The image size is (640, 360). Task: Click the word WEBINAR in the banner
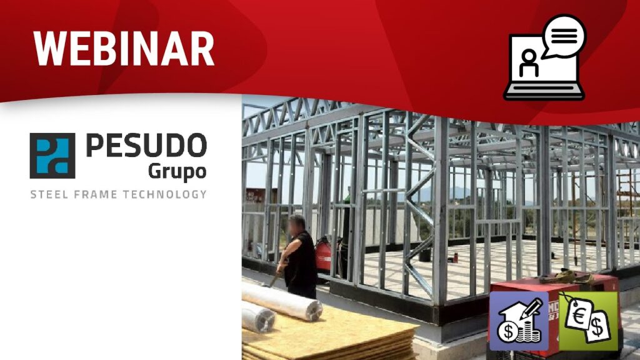coord(124,48)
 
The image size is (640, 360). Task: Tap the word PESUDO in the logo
coord(146,145)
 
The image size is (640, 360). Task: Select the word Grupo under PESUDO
coord(177,172)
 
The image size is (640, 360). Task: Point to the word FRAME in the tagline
coord(96,194)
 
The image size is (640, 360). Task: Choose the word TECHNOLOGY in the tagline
coord(164,194)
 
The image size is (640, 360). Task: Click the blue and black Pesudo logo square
coord(52,156)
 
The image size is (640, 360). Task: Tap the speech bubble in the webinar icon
coord(564,36)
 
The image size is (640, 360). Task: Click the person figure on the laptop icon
coord(529,63)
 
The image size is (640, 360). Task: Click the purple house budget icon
coord(519,321)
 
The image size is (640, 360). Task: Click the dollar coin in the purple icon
coord(507,331)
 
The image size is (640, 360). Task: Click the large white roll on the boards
coord(282,301)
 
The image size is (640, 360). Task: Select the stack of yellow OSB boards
coord(326,337)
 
